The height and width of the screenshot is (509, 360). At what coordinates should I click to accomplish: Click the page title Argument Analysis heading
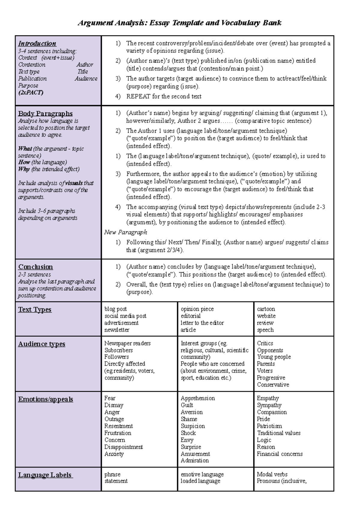point(179,23)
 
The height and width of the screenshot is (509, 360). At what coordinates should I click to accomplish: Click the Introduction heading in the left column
point(37,43)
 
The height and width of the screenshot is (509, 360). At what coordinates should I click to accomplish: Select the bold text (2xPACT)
point(31,92)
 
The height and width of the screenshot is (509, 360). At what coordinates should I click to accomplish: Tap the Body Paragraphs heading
point(45,114)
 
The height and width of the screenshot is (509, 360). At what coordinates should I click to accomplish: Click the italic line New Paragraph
point(125,232)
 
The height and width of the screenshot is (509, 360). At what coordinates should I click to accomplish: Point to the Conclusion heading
point(35,267)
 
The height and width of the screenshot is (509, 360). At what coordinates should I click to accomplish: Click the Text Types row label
point(34,310)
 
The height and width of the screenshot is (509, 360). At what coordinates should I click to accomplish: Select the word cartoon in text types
point(266,309)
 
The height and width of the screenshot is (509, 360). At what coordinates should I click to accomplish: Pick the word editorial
point(190,316)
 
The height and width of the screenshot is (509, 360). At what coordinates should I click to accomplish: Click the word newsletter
point(117,330)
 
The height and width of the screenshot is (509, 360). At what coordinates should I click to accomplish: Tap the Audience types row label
point(41,344)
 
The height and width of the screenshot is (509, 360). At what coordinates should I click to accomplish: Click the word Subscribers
point(118,350)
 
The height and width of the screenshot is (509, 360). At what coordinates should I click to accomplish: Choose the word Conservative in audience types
point(273,385)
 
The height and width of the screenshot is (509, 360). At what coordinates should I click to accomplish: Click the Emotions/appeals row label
point(45,399)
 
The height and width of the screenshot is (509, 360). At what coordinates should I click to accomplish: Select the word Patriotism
point(269,426)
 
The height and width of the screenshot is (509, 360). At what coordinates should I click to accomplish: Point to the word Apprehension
point(197,398)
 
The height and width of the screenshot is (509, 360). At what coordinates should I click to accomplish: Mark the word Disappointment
point(123,447)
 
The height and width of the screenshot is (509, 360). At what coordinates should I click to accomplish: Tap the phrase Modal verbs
point(272,474)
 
